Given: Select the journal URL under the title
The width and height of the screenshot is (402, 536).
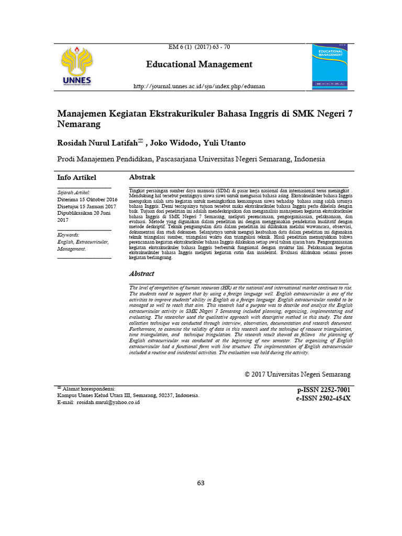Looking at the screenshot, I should tap(199, 86).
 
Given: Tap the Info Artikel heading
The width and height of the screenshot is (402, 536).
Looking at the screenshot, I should tap(76, 177).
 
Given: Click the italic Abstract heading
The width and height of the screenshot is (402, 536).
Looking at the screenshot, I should tap(142, 274).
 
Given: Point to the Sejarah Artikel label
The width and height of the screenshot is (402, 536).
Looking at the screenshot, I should tap(74, 193).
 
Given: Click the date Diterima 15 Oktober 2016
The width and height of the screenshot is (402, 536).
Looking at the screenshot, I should tap(87, 199).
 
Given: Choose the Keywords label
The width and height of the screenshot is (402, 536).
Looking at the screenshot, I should tap(69, 235).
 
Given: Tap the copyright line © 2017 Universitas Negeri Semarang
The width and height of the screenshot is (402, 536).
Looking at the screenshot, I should tap(297, 374).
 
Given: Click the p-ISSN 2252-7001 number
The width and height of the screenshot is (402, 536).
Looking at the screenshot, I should tap(323, 390).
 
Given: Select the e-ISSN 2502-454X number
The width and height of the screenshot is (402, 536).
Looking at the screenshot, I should tap(323, 399).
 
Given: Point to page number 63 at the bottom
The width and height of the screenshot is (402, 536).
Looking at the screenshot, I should tap(201, 483).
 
